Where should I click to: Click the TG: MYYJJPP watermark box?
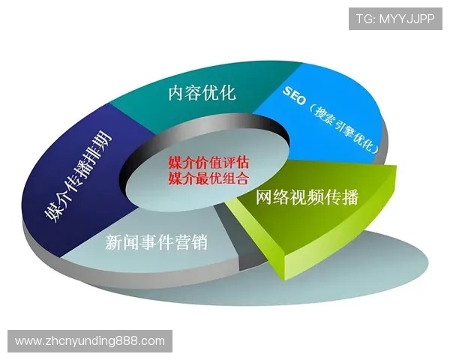(x=396, y=16)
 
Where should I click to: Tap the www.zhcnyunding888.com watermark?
(x=90, y=341)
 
